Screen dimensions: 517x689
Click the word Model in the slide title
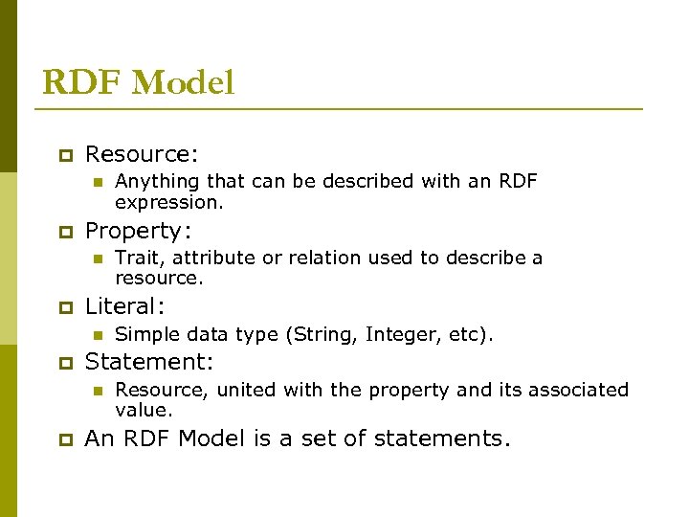(183, 83)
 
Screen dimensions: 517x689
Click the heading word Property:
(139, 231)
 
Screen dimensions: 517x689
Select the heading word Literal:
(125, 306)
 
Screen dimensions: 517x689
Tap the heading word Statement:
(149, 362)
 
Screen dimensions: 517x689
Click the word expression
(168, 202)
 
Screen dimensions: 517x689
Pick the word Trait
(135, 258)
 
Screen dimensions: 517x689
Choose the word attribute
(209, 258)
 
